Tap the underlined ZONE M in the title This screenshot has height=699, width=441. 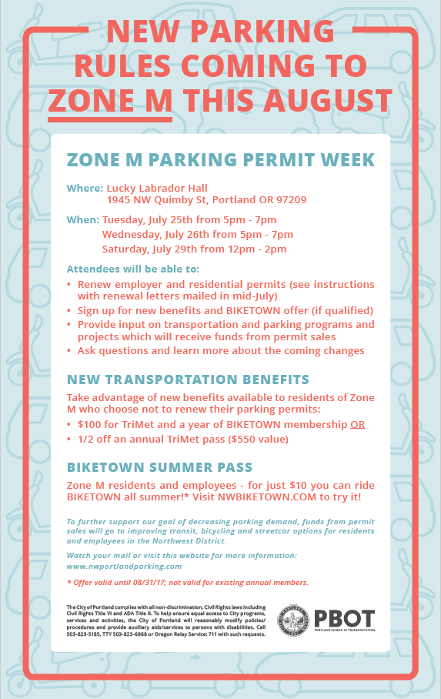point(110,100)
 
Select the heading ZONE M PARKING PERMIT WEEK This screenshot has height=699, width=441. point(221,159)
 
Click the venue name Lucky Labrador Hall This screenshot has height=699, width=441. point(157,188)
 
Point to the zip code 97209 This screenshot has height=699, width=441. point(291,199)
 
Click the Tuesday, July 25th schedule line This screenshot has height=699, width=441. point(189,219)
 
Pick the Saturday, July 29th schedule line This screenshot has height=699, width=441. point(195,249)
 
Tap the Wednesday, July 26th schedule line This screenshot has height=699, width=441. point(198,235)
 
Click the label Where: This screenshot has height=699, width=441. point(85,188)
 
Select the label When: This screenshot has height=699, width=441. point(83,219)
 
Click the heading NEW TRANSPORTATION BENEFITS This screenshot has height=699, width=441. point(188,380)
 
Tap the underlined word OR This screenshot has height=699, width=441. point(358,424)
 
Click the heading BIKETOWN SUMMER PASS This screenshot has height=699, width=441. point(159,467)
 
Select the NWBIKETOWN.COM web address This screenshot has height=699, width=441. point(266,497)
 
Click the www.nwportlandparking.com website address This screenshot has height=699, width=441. point(125,566)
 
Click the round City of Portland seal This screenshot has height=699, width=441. point(293,620)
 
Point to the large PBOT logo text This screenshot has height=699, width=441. point(344,618)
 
